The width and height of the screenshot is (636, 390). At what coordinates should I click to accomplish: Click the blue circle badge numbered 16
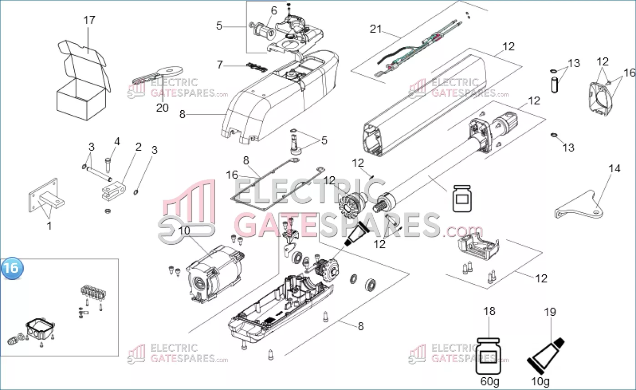click(12, 268)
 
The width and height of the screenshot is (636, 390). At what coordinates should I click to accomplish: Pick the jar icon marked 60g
click(488, 356)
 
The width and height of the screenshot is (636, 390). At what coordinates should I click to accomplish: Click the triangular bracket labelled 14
click(579, 205)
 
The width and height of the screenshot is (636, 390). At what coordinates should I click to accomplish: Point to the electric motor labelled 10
click(215, 275)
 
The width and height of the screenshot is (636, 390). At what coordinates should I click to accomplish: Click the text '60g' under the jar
click(490, 381)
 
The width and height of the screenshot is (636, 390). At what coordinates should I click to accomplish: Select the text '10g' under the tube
click(540, 381)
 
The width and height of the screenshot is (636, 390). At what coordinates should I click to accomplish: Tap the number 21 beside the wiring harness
click(376, 29)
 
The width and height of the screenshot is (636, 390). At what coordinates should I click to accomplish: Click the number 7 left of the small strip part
click(219, 65)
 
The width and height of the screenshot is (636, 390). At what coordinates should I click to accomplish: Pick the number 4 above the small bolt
click(117, 141)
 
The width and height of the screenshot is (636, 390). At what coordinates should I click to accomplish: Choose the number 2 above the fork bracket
click(138, 147)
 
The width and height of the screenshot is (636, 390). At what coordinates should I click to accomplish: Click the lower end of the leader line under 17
click(88, 53)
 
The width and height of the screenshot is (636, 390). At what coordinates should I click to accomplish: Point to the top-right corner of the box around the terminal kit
click(118, 259)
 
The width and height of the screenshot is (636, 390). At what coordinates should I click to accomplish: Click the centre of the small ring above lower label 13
click(554, 135)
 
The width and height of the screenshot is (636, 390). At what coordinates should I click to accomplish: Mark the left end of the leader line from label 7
click(224, 66)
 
